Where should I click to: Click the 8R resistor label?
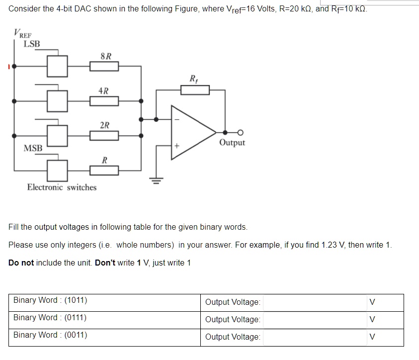click(x=105, y=56)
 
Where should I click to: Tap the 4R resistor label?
click(x=103, y=91)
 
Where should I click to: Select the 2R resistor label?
click(x=104, y=125)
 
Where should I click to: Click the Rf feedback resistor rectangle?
click(x=195, y=90)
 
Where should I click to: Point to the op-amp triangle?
click(x=191, y=132)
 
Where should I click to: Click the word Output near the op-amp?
click(x=232, y=143)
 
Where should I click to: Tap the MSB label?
click(x=33, y=148)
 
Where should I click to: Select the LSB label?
click(x=32, y=44)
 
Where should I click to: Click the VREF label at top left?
click(x=22, y=34)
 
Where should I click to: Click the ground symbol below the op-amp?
click(x=157, y=180)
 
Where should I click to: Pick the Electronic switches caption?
click(x=62, y=187)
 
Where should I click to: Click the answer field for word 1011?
click(x=314, y=302)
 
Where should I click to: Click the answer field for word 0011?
click(x=314, y=337)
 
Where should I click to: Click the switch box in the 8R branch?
click(x=57, y=66)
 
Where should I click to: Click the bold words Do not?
click(x=21, y=263)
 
